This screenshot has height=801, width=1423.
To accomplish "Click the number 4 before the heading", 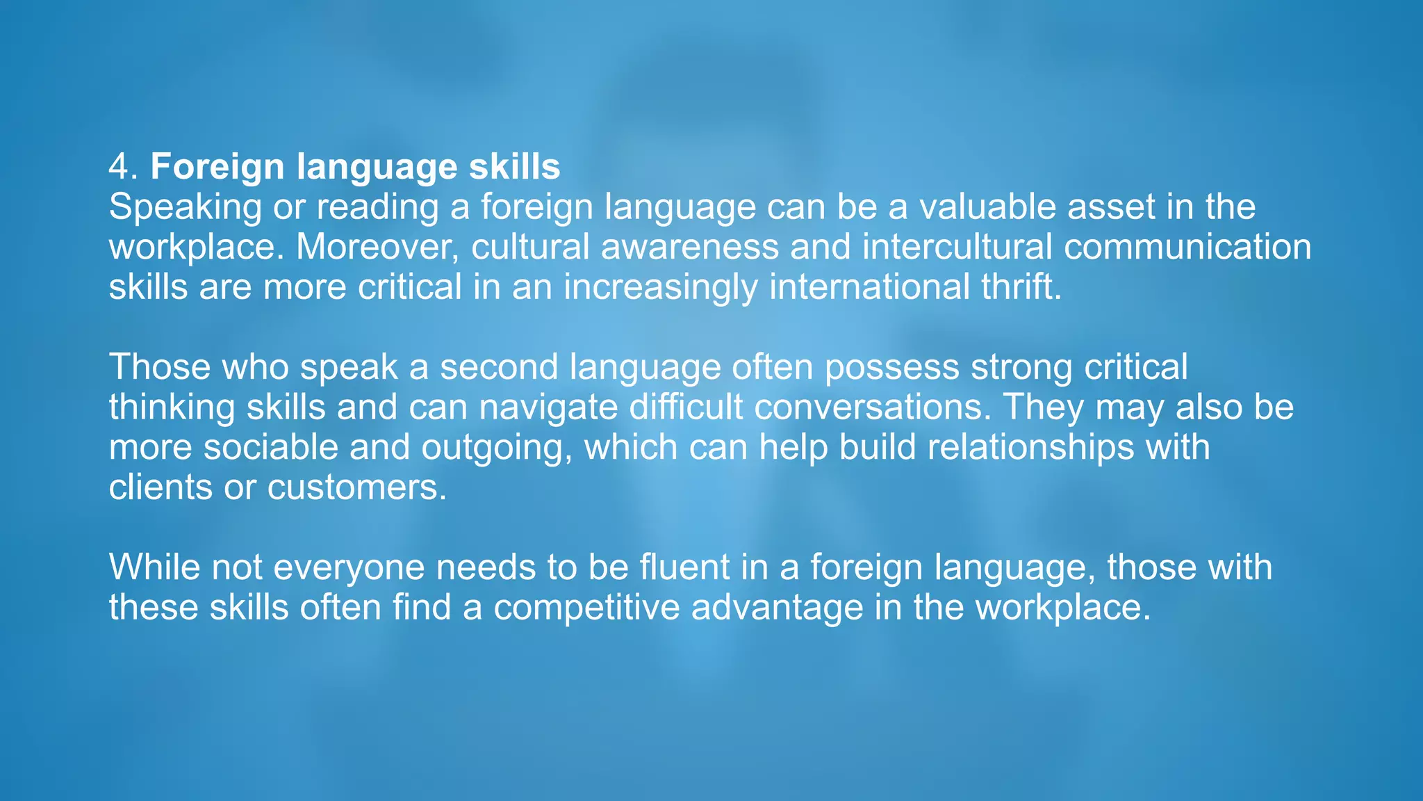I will tap(119, 167).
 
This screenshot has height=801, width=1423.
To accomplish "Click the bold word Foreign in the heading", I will tap(217, 167).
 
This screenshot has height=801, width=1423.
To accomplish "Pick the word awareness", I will tap(689, 247).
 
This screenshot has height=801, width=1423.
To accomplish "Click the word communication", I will tap(1187, 247).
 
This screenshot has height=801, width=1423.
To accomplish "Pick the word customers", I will tap(356, 487).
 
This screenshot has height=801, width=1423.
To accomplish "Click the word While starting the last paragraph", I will tap(154, 567).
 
